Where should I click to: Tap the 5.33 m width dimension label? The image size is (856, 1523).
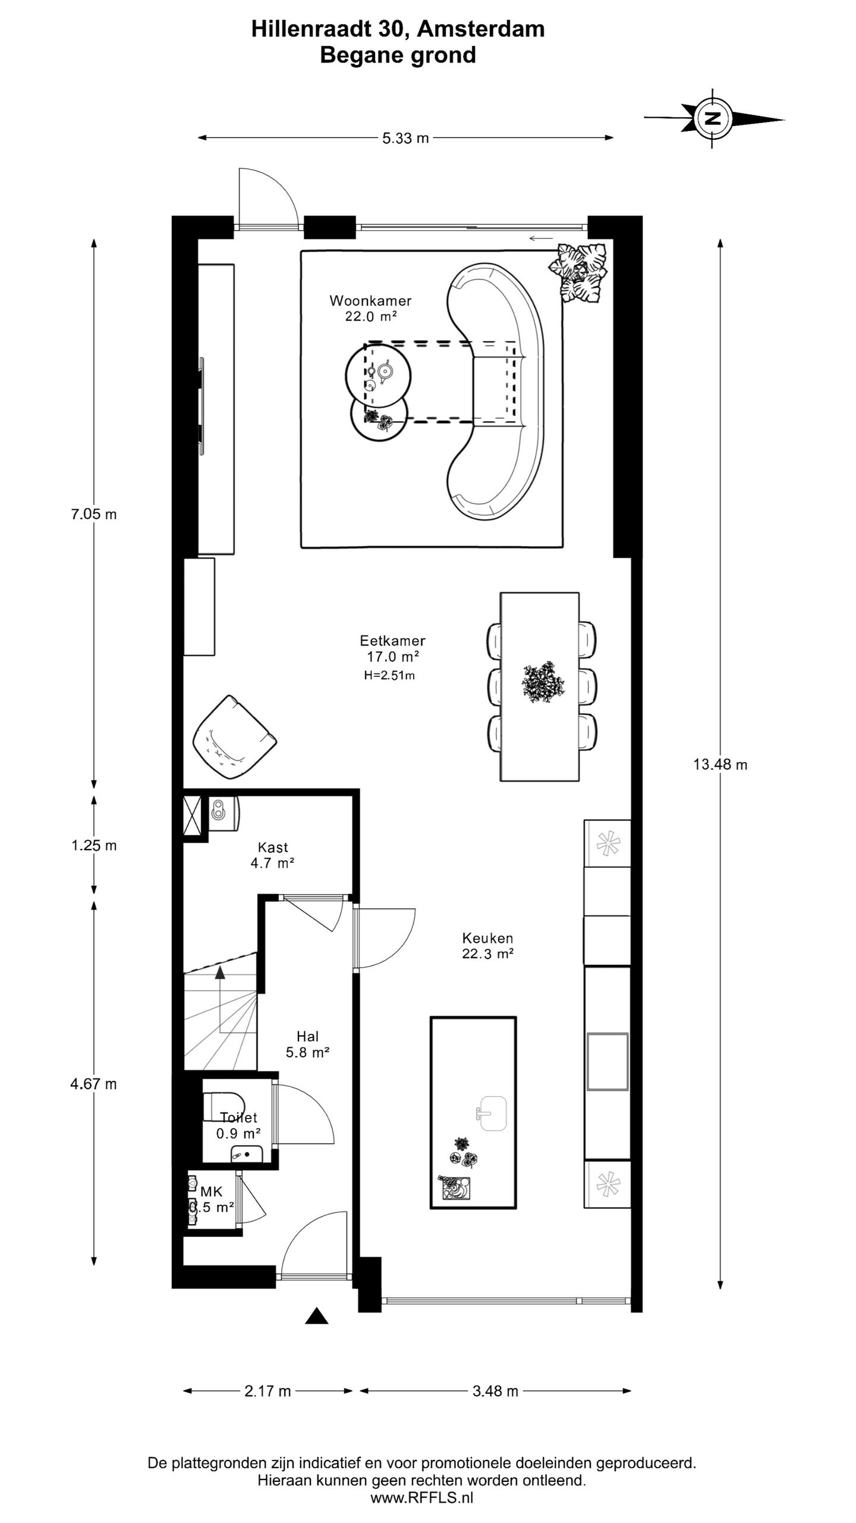click(405, 138)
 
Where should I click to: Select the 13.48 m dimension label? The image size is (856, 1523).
click(720, 764)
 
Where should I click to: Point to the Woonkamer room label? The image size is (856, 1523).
click(371, 300)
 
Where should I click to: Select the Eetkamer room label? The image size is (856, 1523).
click(392, 641)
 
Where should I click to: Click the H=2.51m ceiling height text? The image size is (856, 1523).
click(389, 675)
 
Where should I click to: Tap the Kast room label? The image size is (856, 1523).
click(273, 847)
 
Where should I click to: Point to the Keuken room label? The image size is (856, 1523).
click(487, 938)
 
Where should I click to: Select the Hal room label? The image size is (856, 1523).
click(307, 1036)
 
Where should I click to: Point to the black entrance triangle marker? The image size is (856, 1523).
click(317, 1316)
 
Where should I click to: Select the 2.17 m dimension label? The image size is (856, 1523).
click(267, 1391)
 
